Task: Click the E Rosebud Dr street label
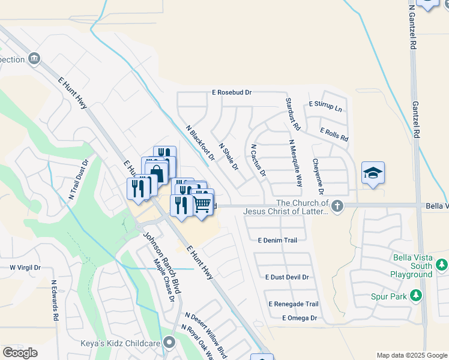[231, 93]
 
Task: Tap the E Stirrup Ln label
[325, 106]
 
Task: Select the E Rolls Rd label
[334, 134]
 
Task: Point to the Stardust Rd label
[292, 115]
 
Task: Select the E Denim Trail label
[277, 240]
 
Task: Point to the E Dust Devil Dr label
[287, 277]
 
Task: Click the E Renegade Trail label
[293, 304]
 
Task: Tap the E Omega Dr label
[299, 318]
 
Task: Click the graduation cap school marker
[373, 173]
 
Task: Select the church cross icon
[337, 206]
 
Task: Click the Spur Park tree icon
[415, 296]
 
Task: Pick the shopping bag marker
[157, 174]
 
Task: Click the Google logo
[20, 353]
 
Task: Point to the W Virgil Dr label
[25, 268]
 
